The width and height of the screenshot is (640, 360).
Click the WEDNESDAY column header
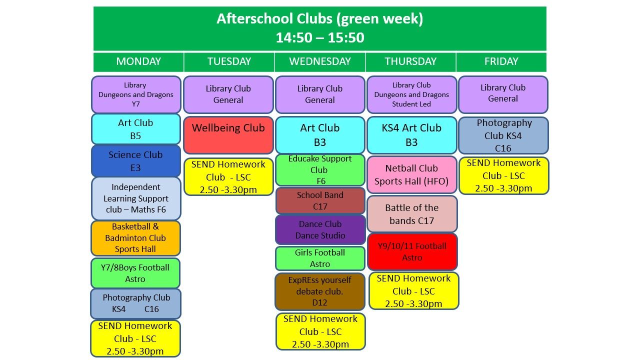pyautogui.click(x=319, y=61)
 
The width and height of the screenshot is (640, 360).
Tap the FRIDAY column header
pyautogui.click(x=501, y=61)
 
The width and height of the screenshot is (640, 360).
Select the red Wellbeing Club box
pyautogui.click(x=228, y=135)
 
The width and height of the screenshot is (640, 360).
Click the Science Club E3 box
pyautogui.click(x=135, y=161)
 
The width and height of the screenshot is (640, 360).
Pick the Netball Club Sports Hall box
pyautogui.click(x=411, y=174)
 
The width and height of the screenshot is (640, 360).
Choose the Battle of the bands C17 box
pyautogui.click(x=412, y=213)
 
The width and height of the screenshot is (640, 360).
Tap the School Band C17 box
pyautogui.click(x=320, y=200)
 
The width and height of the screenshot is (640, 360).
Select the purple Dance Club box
pyautogui.click(x=320, y=229)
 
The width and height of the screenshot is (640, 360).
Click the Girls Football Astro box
pyautogui.click(x=320, y=258)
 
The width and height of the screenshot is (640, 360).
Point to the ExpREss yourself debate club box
pyautogui.click(x=320, y=291)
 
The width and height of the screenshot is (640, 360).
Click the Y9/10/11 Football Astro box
pyautogui.click(x=412, y=251)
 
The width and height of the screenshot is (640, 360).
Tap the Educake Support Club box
pyautogui.click(x=320, y=170)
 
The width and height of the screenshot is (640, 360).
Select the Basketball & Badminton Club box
pyautogui.click(x=135, y=238)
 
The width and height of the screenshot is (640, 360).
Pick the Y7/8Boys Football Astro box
pyautogui.click(x=135, y=273)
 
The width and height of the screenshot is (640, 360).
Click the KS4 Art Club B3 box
pyautogui.click(x=411, y=135)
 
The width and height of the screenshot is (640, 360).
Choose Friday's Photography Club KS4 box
pyautogui.click(x=503, y=135)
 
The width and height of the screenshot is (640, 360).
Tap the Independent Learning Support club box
pyautogui.click(x=136, y=198)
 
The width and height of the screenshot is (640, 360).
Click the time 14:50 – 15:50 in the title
pyautogui.click(x=320, y=37)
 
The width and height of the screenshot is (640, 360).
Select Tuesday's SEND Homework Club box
pyautogui.click(x=228, y=177)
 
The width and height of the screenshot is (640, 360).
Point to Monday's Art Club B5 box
pyautogui.click(x=135, y=129)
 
